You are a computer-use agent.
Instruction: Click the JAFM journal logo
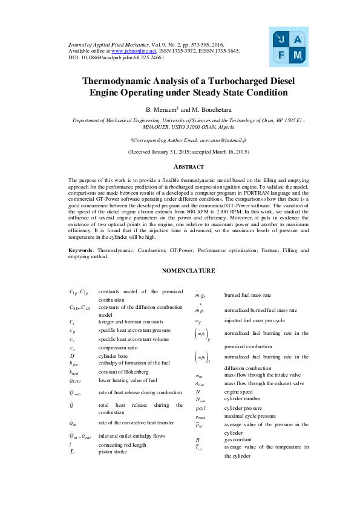pos(290,47)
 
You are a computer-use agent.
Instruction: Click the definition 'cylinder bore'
pos(116,357)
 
